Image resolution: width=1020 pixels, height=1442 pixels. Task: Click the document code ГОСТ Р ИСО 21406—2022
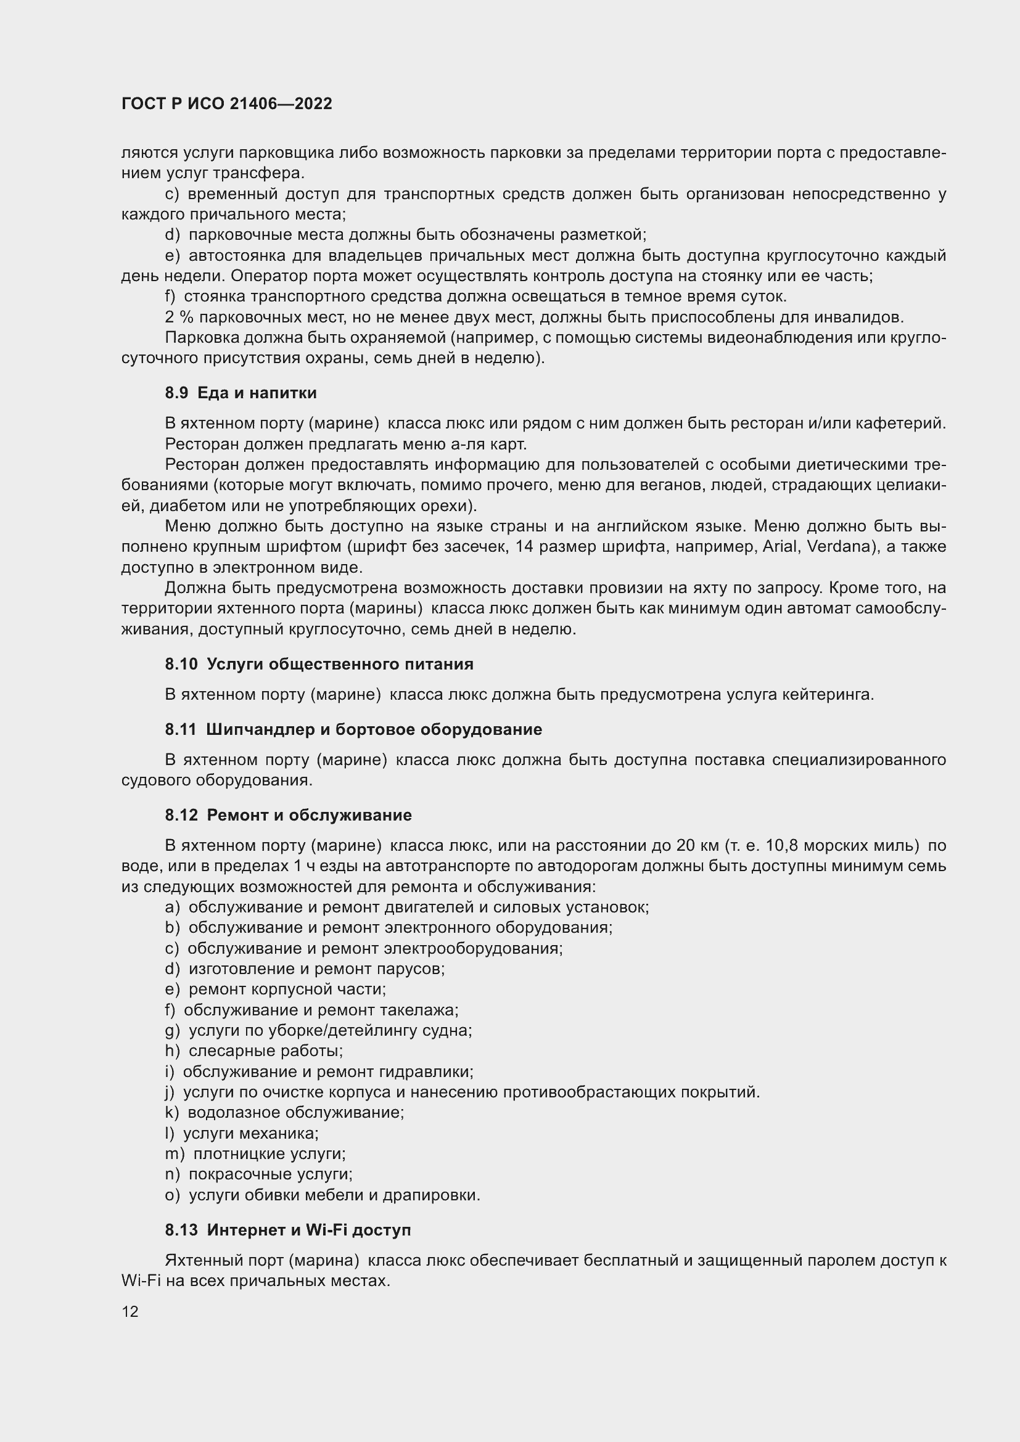pos(227,104)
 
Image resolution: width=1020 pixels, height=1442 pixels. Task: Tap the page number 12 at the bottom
pos(130,1311)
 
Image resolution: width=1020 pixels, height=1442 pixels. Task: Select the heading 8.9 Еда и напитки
pos(241,393)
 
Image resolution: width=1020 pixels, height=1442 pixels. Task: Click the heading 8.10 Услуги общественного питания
pos(319,665)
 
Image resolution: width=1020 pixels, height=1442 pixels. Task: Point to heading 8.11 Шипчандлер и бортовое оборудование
pos(353,730)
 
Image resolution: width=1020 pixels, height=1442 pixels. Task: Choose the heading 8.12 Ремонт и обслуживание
pos(288,815)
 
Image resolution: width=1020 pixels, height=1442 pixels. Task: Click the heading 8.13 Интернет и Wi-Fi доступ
pos(287,1231)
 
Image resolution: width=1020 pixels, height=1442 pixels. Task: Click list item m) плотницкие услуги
pos(256,1153)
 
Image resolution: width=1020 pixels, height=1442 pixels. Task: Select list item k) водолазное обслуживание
pos(284,1112)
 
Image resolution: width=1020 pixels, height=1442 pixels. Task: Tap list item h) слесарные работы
pos(253,1051)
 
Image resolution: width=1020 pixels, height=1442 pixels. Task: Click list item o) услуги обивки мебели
pos(322,1195)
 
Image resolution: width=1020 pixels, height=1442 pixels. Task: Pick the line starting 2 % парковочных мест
pos(534,317)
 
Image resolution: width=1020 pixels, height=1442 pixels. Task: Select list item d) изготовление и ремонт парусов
pos(305,969)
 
